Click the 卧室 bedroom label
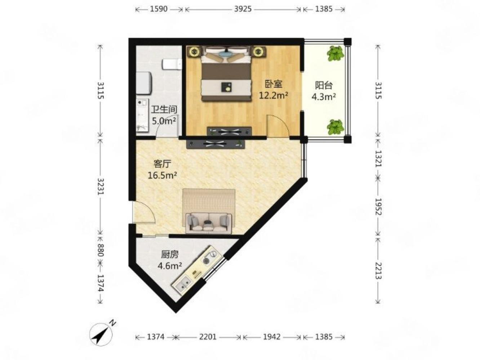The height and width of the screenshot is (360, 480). pos(274,84)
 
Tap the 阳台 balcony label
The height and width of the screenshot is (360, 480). pos(324,85)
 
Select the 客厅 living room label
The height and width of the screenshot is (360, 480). pos(162,164)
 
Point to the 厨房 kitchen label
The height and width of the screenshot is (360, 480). pos(170,254)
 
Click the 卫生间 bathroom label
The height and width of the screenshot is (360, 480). pos(164,109)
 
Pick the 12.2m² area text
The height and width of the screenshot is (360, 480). pos(274,95)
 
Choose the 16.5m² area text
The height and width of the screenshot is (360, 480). pos(162,175)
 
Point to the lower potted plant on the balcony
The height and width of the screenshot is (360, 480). pos(335,127)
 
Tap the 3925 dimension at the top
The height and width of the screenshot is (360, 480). pos(243,9)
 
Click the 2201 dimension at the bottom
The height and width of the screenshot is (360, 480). pos(208,337)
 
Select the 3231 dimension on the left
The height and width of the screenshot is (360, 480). pos(101,186)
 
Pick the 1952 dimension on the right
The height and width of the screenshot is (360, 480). pos(378,207)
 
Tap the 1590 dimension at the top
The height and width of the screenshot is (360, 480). pos(159,9)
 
